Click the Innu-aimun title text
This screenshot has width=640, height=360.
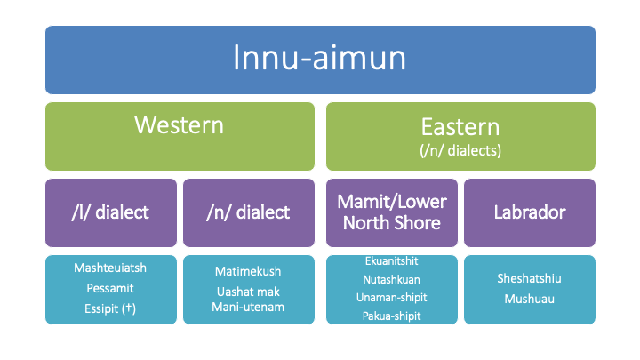tap(319, 58)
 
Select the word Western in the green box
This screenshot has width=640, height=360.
tap(180, 125)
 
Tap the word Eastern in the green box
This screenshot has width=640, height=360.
tap(460, 127)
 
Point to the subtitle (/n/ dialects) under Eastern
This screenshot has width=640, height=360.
tap(460, 150)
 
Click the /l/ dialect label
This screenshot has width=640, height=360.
tap(110, 212)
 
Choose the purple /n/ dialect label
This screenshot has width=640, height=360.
tap(248, 212)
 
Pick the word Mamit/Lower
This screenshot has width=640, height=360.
tap(392, 202)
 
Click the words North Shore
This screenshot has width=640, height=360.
tap(392, 223)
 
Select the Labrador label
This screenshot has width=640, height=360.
tap(530, 212)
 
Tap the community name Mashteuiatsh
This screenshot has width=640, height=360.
tap(110, 268)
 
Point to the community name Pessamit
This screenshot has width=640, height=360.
tap(110, 288)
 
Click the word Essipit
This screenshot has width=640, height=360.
tap(101, 309)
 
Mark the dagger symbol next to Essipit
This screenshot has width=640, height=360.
tap(129, 308)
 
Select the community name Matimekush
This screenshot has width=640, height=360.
tap(248, 271)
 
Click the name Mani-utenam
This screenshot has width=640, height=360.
tap(248, 307)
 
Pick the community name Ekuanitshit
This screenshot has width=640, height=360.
tap(392, 260)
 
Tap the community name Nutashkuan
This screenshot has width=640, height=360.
tap(392, 280)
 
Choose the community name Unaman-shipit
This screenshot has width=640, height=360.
tap(392, 298)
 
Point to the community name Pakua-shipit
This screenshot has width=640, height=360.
tap(392, 316)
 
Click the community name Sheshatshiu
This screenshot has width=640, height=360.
tap(530, 278)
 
